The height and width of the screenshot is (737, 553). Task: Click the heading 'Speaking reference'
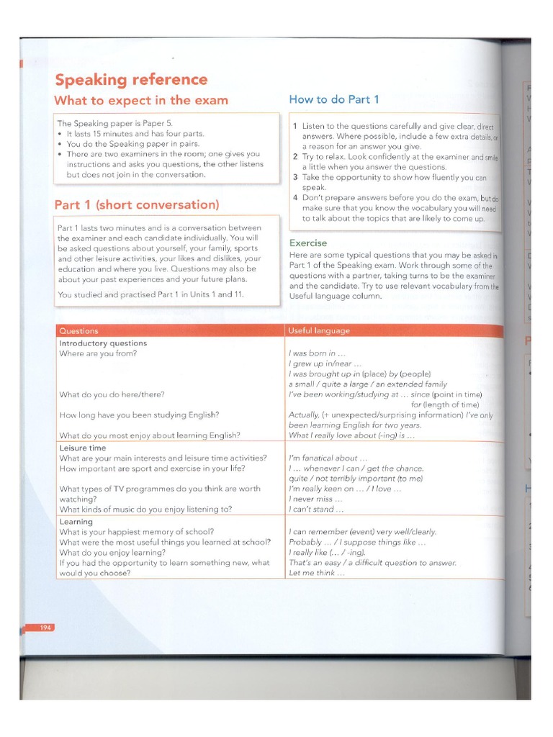tap(131, 80)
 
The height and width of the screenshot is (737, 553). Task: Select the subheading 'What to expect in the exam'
tap(141, 101)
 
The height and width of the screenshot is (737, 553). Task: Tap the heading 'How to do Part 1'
tap(334, 99)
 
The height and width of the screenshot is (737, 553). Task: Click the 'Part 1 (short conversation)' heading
tap(137, 205)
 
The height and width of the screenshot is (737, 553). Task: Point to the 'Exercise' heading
tap(308, 243)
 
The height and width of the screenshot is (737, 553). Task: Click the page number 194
tap(45, 628)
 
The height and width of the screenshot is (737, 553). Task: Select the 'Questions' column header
tap(79, 331)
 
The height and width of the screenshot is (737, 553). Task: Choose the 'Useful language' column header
tap(319, 331)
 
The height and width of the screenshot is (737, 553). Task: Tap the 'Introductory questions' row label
tap(103, 343)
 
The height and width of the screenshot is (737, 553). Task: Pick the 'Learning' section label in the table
tap(76, 522)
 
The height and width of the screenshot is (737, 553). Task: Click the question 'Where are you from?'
tap(98, 353)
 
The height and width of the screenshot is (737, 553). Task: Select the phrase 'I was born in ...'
tap(317, 353)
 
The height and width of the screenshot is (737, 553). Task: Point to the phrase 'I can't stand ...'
tap(316, 510)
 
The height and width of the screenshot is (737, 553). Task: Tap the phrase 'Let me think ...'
tap(316, 573)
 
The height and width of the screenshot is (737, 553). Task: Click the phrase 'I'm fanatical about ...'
tap(328, 458)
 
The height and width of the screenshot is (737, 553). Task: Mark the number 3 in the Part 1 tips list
tap(295, 177)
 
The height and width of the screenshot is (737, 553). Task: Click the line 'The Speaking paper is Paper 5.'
tap(115, 123)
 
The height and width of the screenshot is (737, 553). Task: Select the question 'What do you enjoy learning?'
tap(112, 553)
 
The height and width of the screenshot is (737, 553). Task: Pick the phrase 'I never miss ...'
tap(315, 499)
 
